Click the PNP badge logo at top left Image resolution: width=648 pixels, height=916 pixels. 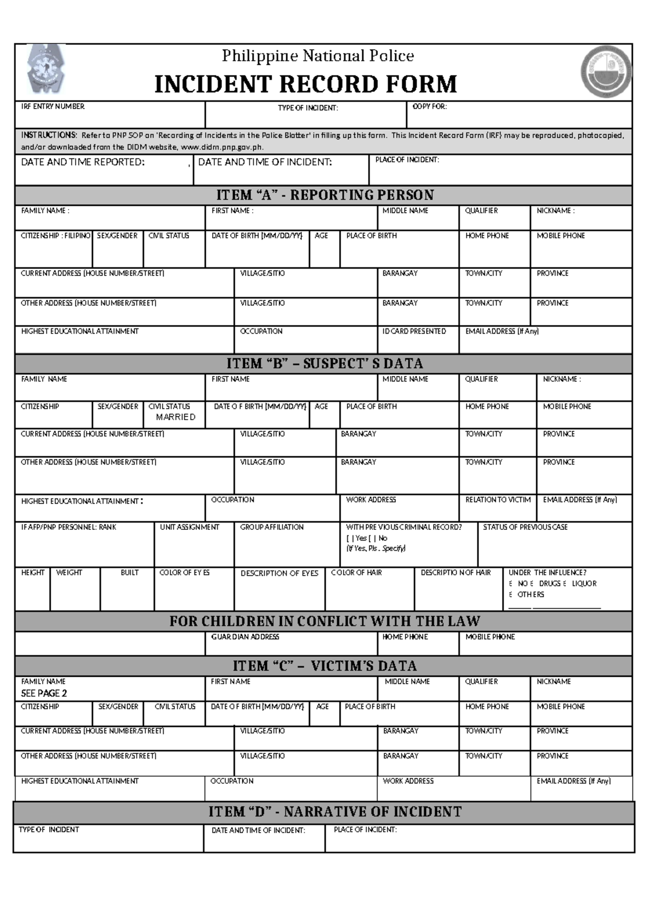pyautogui.click(x=46, y=70)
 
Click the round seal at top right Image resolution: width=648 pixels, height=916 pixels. pyautogui.click(x=606, y=71)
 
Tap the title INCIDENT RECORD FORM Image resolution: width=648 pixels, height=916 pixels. pyautogui.click(x=306, y=84)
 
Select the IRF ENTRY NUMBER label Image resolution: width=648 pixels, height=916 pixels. pyautogui.click(x=52, y=106)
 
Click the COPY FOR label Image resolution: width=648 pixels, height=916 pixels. pyautogui.click(x=429, y=106)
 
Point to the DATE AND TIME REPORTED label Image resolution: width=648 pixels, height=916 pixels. pyautogui.click(x=83, y=162)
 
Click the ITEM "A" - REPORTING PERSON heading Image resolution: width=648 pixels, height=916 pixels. pyautogui.click(x=325, y=195)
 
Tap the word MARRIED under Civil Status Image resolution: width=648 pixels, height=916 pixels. pyautogui.click(x=175, y=417)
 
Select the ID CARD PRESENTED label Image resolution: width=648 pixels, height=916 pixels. pyautogui.click(x=414, y=331)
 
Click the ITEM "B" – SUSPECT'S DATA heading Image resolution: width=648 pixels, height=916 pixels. pyautogui.click(x=325, y=363)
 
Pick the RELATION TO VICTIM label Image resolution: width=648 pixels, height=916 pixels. pyautogui.click(x=498, y=500)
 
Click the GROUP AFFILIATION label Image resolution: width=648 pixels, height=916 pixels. pyautogui.click(x=272, y=527)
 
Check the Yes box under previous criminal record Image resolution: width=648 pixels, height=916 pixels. pyautogui.click(x=350, y=538)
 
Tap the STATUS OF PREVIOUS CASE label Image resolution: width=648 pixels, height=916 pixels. pyautogui.click(x=525, y=527)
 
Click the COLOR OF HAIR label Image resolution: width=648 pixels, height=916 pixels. pyautogui.click(x=356, y=572)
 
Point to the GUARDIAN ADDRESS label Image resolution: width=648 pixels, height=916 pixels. pyautogui.click(x=245, y=637)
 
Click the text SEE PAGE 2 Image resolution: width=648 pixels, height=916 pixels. pyautogui.click(x=44, y=693)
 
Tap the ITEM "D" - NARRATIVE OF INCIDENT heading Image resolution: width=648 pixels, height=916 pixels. pyautogui.click(x=335, y=812)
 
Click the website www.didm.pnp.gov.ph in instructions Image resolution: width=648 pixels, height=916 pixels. pyautogui.click(x=222, y=147)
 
